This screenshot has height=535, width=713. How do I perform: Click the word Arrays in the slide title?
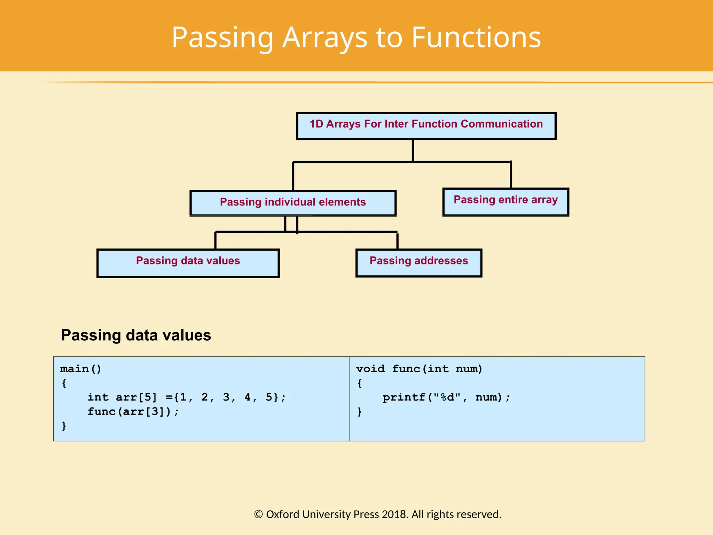[324, 38]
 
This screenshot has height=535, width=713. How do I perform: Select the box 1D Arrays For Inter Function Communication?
[426, 126]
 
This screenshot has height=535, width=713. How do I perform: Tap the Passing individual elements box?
[293, 203]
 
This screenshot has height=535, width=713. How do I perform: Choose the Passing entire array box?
[506, 202]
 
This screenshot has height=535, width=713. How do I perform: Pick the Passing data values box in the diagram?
[188, 263]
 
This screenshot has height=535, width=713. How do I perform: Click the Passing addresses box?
[419, 263]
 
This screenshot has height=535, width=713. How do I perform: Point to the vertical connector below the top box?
[413, 150]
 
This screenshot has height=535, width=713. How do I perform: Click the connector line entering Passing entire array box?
[511, 175]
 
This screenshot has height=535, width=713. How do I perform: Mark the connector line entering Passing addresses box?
[397, 241]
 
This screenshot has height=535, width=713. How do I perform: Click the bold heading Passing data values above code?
[136, 335]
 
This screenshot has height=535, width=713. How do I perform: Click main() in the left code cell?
[81, 369]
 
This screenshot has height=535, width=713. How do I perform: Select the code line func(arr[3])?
[133, 411]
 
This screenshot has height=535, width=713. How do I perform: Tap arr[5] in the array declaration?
[136, 397]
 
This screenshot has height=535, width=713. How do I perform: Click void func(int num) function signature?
[419, 369]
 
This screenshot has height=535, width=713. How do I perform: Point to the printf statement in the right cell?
[446, 397]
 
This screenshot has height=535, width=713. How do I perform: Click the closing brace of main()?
[64, 426]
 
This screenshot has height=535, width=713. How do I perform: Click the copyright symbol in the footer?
[258, 514]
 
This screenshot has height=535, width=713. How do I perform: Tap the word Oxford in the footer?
[282, 514]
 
